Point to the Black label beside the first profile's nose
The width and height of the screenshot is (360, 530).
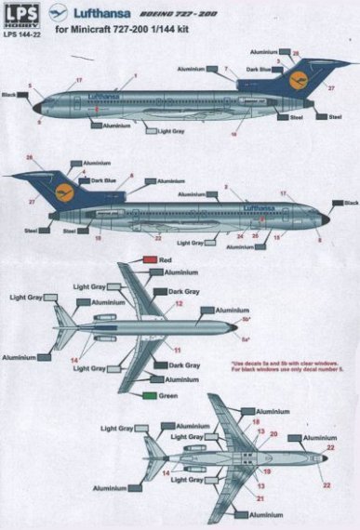click(x=12, y=95)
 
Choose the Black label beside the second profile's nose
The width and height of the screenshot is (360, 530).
click(x=349, y=203)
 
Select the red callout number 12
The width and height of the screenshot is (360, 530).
click(x=178, y=304)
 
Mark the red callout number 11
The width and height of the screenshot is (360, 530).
click(x=175, y=350)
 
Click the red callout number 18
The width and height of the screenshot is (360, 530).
click(x=255, y=421)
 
